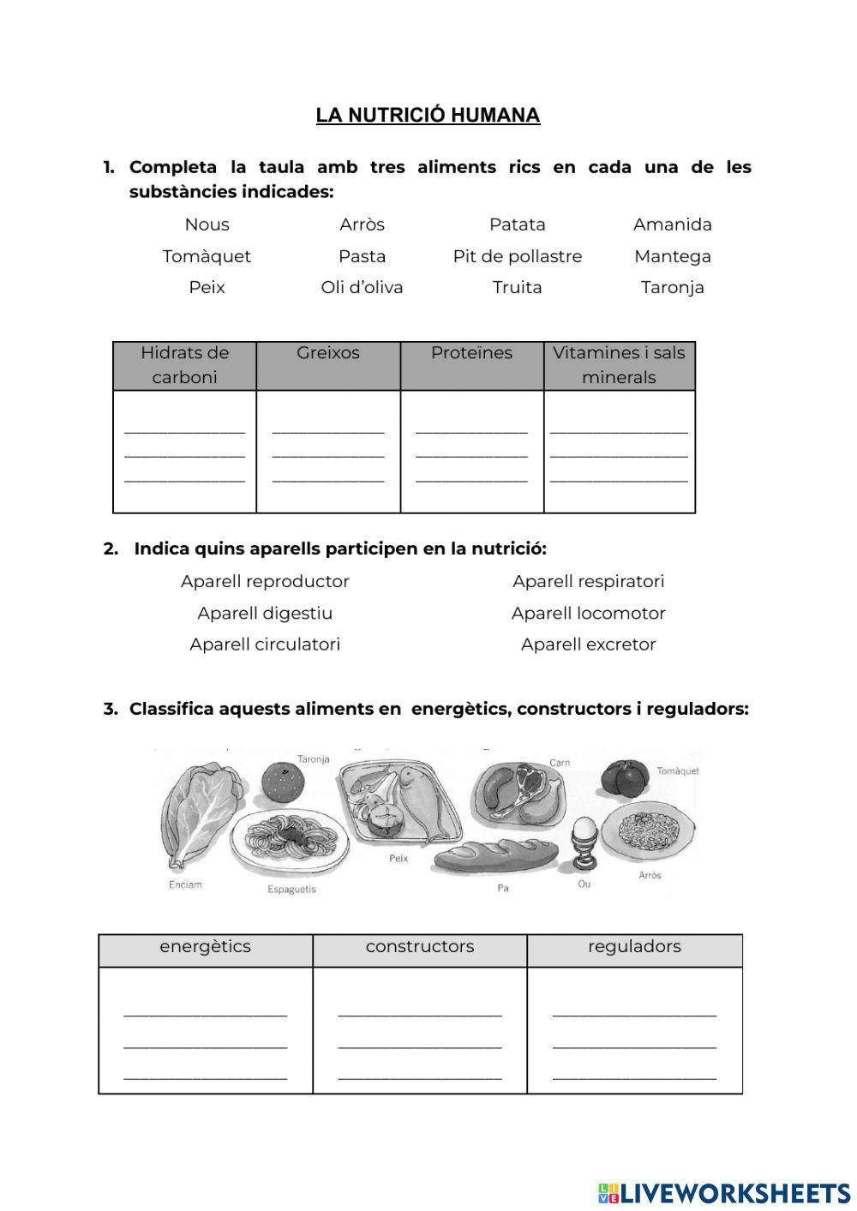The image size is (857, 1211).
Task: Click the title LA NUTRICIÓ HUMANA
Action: pos(428,116)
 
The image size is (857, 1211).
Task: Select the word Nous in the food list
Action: pos(207,225)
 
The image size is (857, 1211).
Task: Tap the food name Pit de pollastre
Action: pos(517,256)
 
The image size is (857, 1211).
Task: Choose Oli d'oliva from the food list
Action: pos(362,287)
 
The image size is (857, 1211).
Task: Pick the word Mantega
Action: pos(672,256)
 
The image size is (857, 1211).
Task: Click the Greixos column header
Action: pos(327,353)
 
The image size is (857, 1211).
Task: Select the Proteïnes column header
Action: pos(471,353)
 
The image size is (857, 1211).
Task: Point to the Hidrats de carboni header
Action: pos(184,365)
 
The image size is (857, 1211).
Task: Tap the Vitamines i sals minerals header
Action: pos(618,365)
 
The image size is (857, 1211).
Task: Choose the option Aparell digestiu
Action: pos(265,613)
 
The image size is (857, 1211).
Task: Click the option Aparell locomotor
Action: pos(588,613)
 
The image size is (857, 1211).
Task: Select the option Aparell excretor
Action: pos(588,644)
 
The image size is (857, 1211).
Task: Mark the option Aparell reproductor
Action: pos(265,581)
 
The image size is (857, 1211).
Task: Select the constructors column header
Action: pos(419,947)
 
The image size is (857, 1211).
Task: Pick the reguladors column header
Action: pos(634,947)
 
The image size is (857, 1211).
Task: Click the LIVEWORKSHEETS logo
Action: pos(724,1192)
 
